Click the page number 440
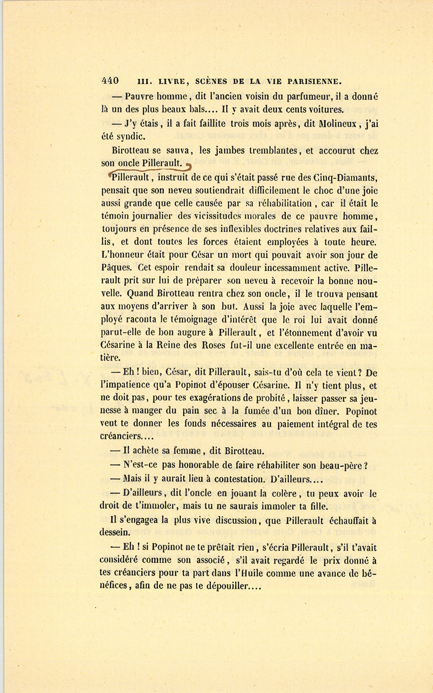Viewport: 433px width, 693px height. pyautogui.click(x=110, y=80)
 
